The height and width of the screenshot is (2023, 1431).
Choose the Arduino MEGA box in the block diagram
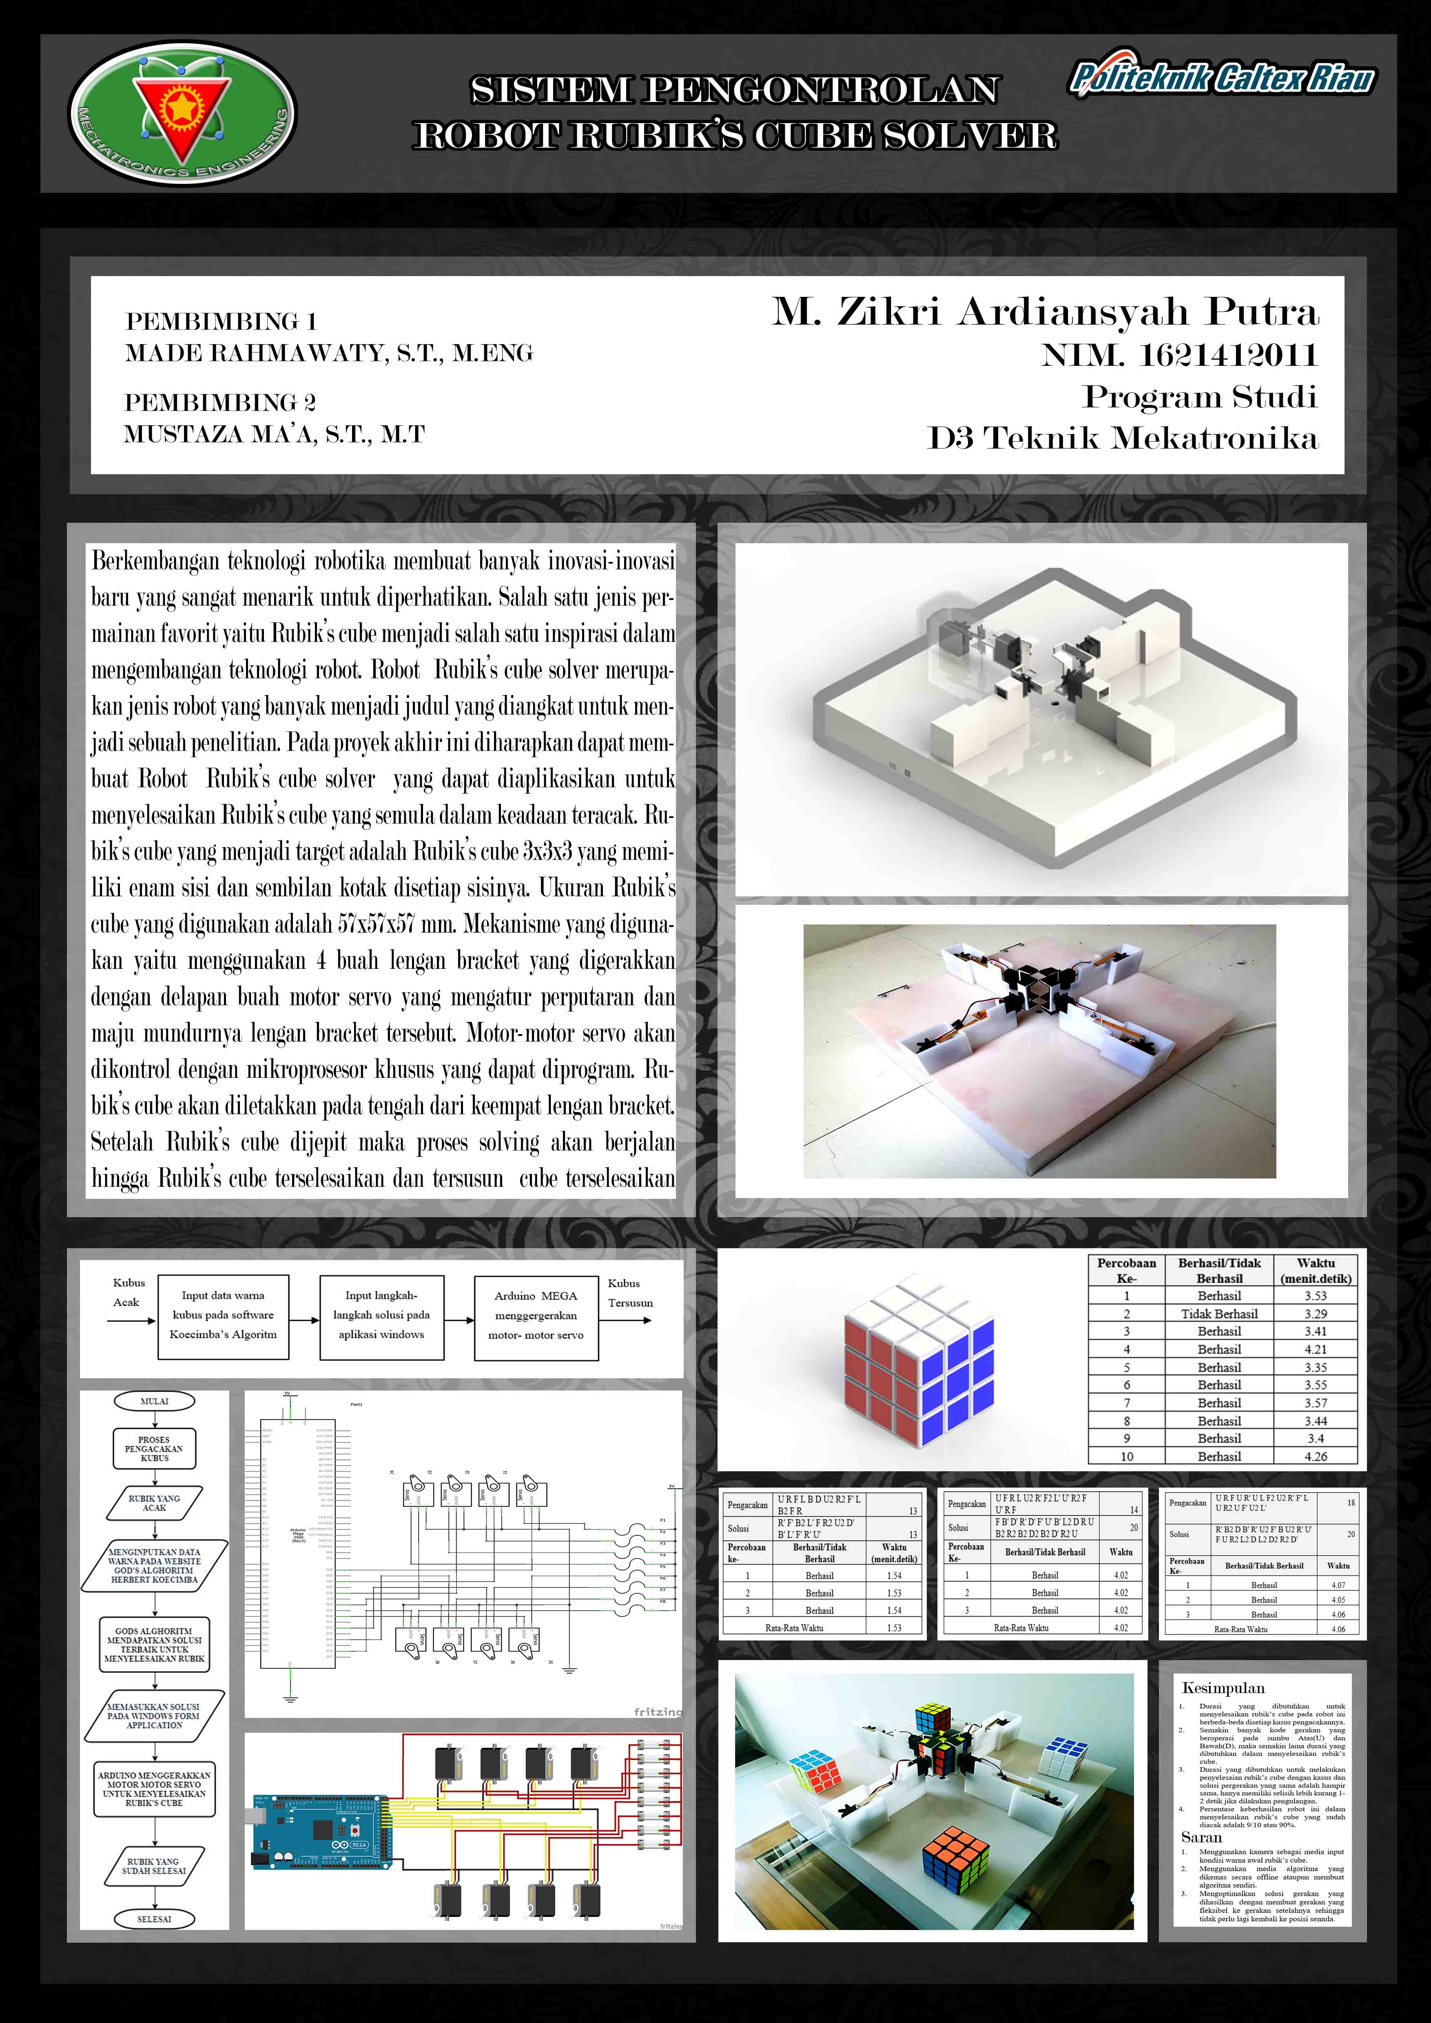[x=536, y=1316]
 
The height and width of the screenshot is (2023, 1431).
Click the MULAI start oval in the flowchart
[x=154, y=1401]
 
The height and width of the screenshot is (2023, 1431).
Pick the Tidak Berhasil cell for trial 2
[x=1218, y=1314]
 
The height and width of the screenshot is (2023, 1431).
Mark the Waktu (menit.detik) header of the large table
[x=1316, y=1271]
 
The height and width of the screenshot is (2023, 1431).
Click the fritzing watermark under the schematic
[x=657, y=1712]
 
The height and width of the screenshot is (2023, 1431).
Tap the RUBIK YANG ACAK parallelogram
[x=154, y=1503]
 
